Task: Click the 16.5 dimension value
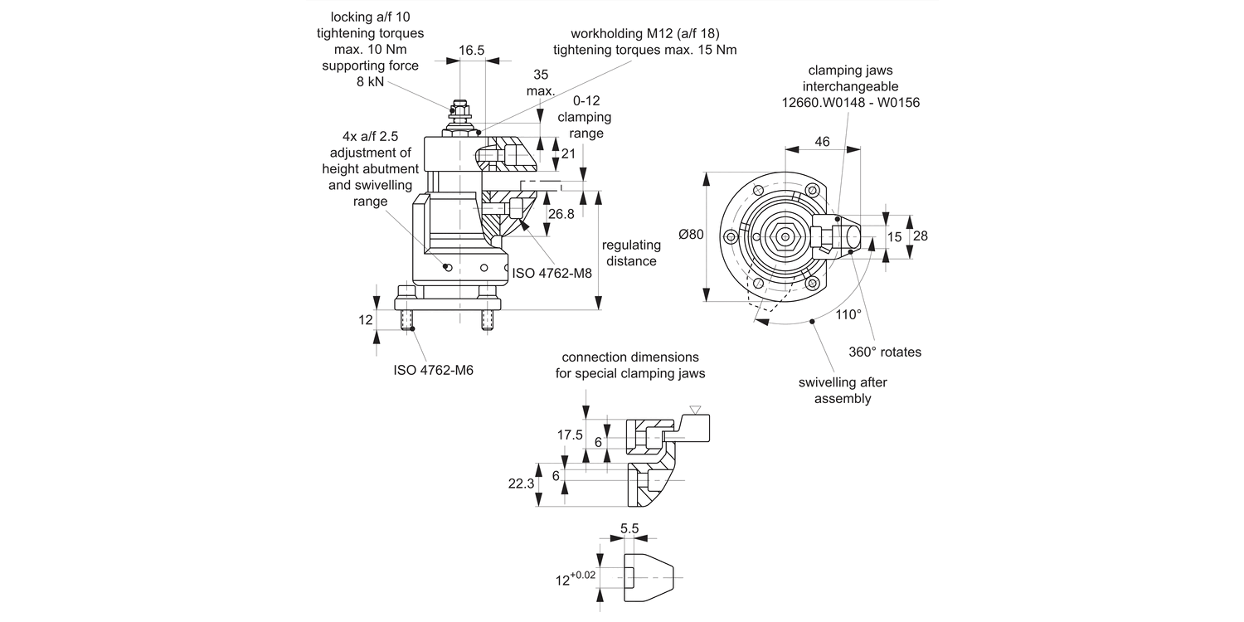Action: coord(471,51)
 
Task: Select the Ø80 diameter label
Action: coord(691,236)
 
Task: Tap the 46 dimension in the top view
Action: coord(822,142)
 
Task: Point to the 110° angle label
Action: coord(848,314)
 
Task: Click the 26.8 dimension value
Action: coord(561,214)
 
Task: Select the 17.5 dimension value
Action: coord(570,435)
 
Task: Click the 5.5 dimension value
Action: coord(629,527)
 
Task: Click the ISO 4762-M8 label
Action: coord(552,273)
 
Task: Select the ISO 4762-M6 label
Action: coord(433,370)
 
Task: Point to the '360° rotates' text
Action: coord(885,352)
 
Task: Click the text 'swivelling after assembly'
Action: coord(843,391)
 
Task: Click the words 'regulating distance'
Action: coord(631,253)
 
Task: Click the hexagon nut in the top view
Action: coord(784,236)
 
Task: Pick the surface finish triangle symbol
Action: coord(696,411)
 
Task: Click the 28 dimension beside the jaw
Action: coord(920,236)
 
